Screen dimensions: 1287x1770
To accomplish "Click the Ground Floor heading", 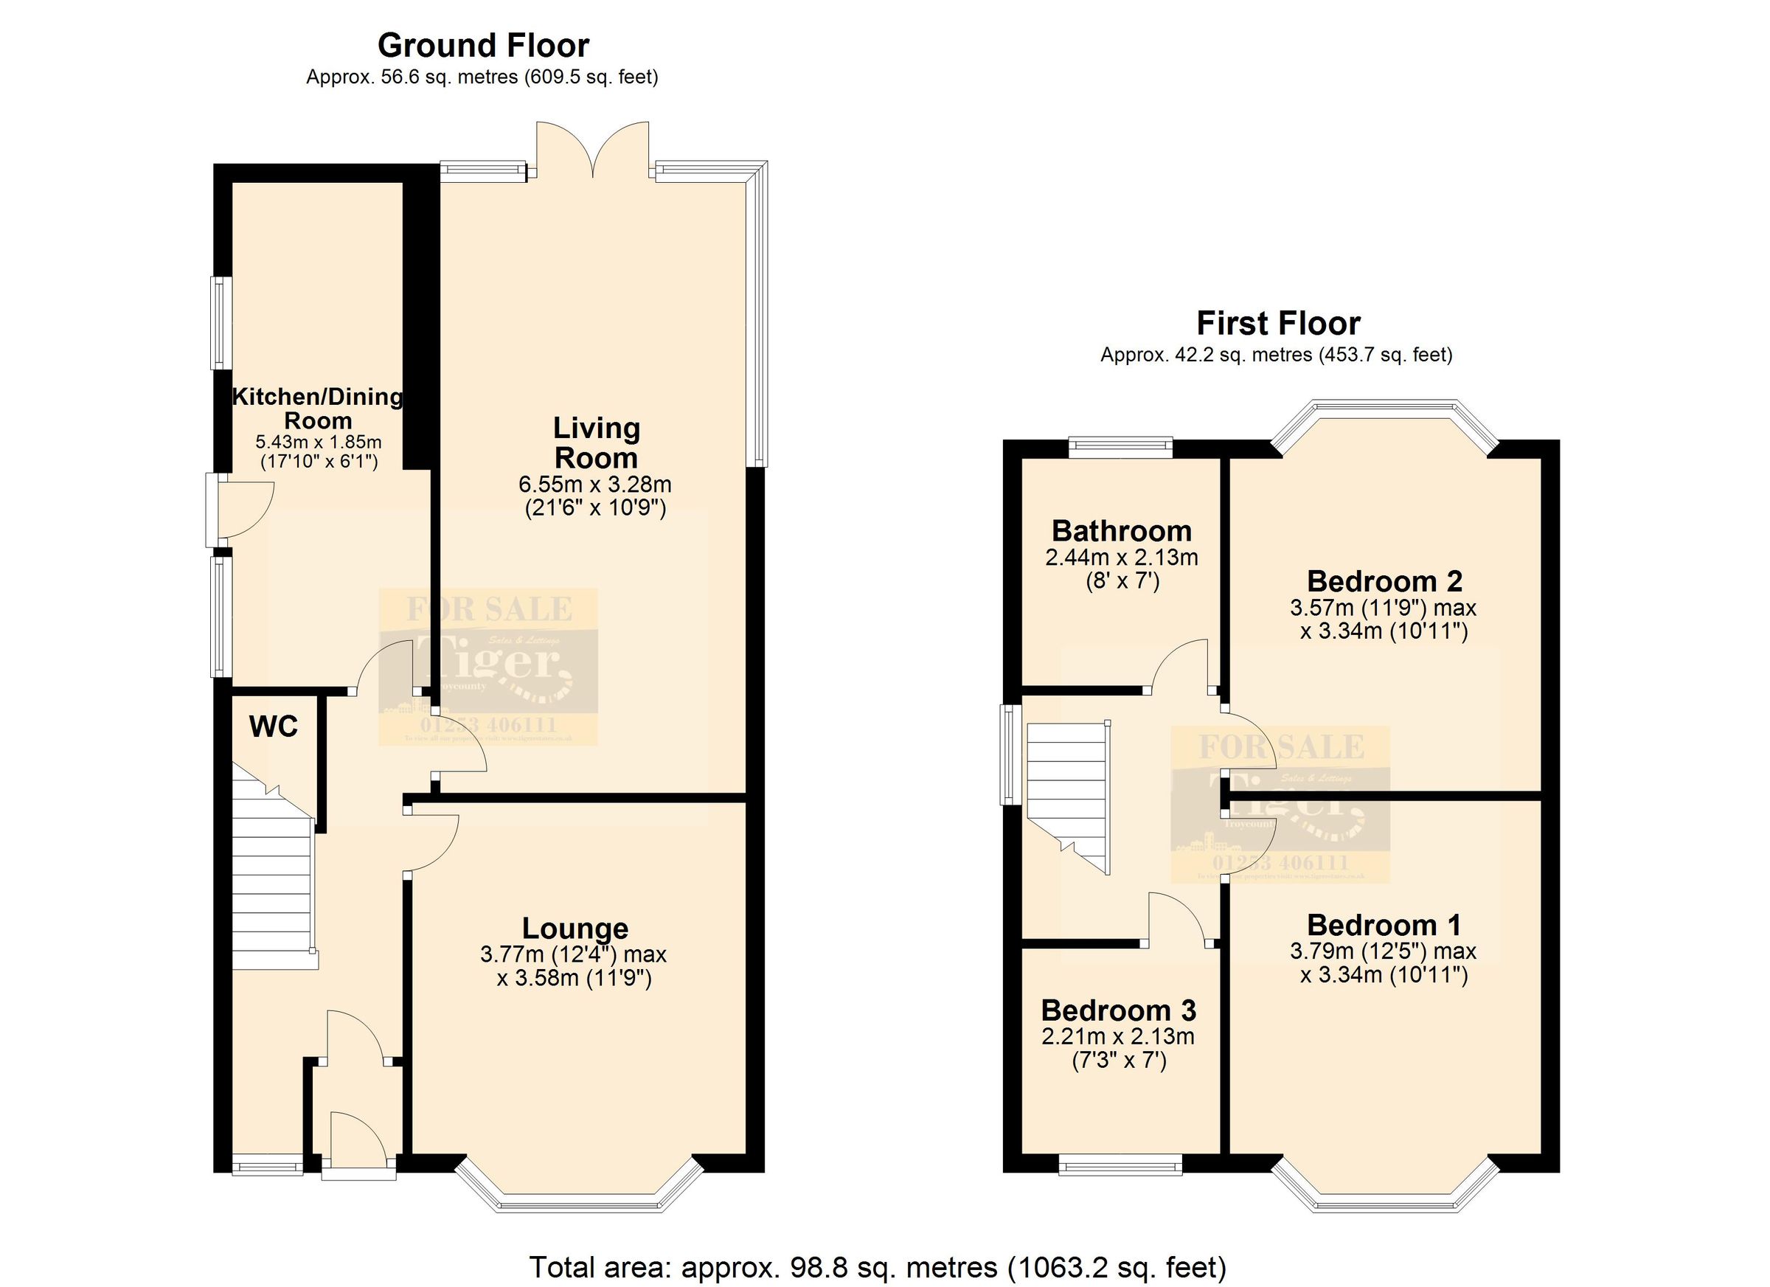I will click(x=483, y=45).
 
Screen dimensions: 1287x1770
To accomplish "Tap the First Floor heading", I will click(x=1278, y=323).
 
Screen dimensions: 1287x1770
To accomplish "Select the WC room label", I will click(x=273, y=726).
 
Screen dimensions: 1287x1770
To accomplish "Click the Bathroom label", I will click(x=1122, y=532).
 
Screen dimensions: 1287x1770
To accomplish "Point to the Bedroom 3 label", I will click(x=1118, y=1010).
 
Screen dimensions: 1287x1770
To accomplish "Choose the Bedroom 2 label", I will click(x=1384, y=581).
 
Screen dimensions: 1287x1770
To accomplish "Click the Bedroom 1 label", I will click(x=1384, y=926).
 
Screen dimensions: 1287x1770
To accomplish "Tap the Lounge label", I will click(x=575, y=929).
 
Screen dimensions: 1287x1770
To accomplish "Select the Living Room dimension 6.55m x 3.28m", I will click(x=594, y=485).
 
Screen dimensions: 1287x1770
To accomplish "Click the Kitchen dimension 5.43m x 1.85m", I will click(x=319, y=442).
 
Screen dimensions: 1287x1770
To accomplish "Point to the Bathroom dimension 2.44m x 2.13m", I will click(x=1122, y=558).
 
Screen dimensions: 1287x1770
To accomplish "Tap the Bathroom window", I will click(x=1121, y=447).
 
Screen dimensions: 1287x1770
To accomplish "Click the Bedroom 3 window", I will click(x=1121, y=1167).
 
